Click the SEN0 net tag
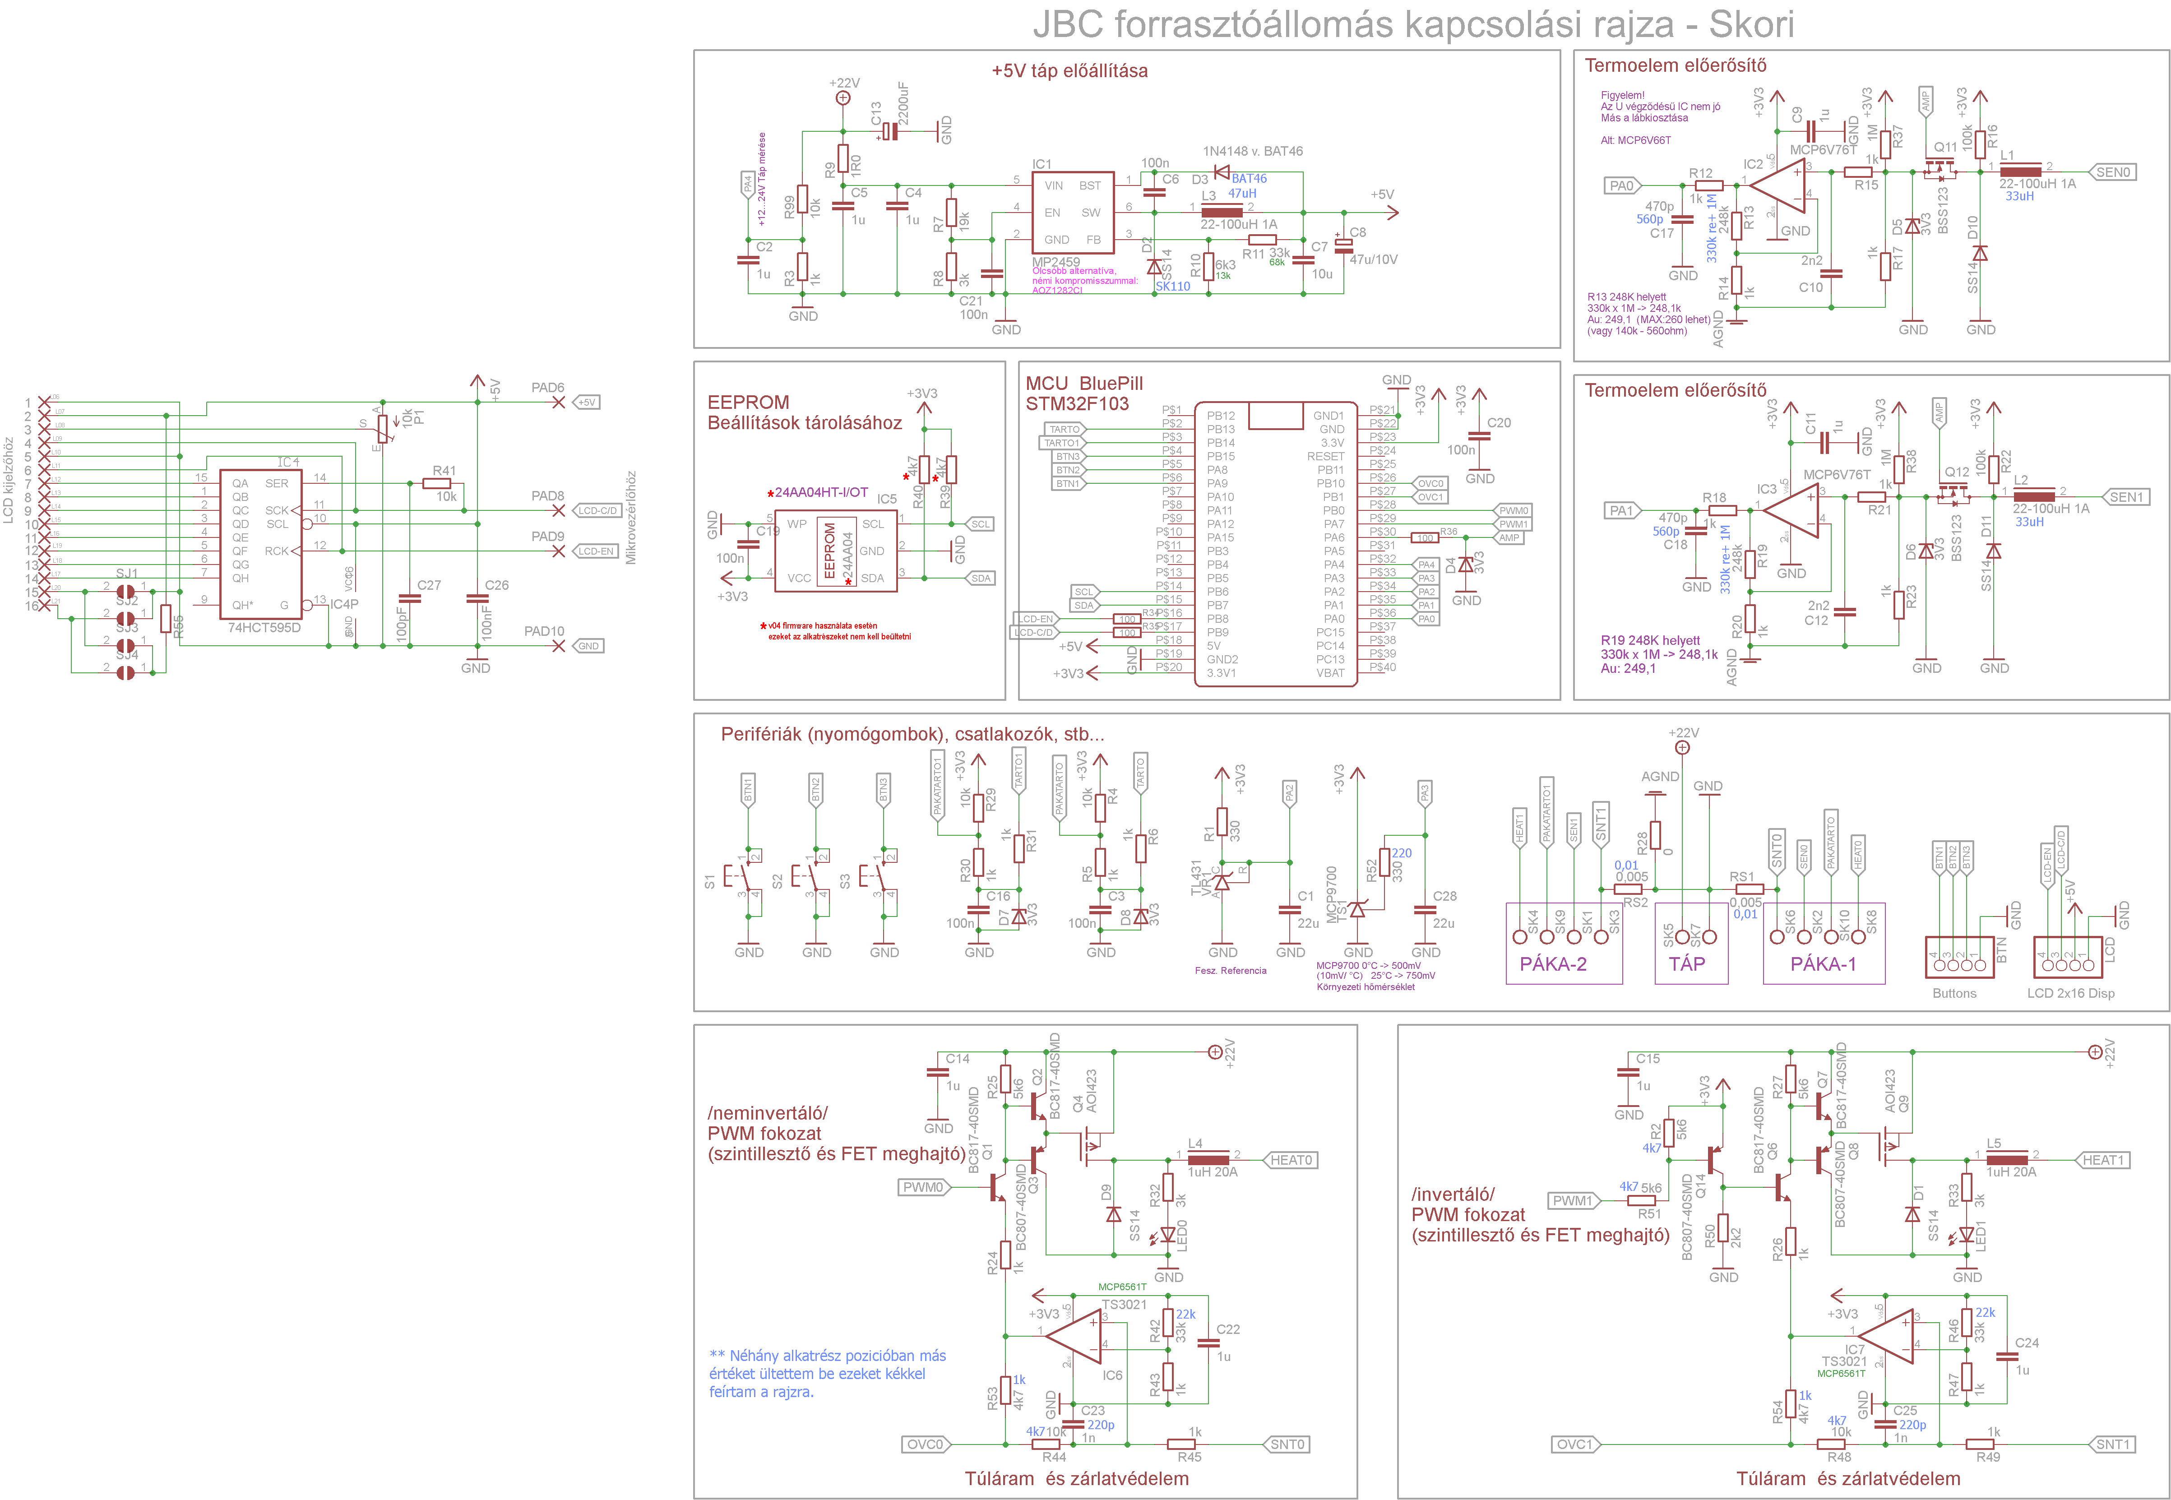point(2113,172)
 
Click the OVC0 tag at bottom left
point(924,1444)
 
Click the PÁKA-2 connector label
point(1553,963)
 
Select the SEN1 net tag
point(2126,497)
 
